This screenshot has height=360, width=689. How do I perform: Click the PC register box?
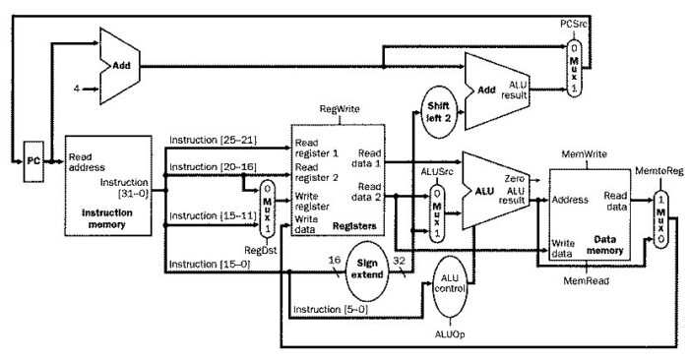(33, 158)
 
